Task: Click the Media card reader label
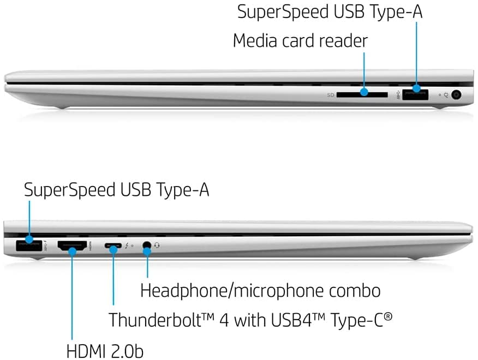coord(300,40)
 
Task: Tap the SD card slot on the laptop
coord(362,95)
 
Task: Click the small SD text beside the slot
coord(331,95)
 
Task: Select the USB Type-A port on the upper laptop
coord(415,94)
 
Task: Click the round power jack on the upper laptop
coord(456,95)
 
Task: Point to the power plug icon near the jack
coord(446,95)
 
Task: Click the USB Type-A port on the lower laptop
coord(29,245)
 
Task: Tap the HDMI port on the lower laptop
coord(72,246)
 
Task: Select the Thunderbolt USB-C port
coord(113,245)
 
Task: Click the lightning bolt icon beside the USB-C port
coord(127,245)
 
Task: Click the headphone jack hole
coord(147,245)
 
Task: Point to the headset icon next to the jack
coord(157,245)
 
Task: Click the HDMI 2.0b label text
coord(105,351)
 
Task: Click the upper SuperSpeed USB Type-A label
coord(330,11)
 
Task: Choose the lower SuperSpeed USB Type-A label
coord(116,190)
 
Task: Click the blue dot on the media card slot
coord(364,92)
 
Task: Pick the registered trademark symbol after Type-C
coord(388,316)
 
